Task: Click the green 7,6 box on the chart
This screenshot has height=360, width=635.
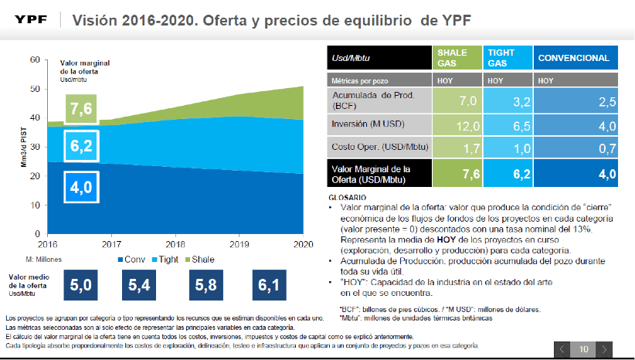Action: tap(81, 109)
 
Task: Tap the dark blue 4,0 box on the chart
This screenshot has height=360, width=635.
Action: tap(81, 186)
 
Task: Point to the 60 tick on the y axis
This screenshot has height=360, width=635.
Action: tap(34, 59)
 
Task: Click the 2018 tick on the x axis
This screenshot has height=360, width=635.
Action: tap(175, 241)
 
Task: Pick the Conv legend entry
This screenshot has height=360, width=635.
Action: tap(133, 259)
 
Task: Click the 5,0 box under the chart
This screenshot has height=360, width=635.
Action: tap(80, 286)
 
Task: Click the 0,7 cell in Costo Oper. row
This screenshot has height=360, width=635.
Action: tap(576, 147)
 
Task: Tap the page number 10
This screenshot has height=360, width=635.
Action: tap(583, 349)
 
